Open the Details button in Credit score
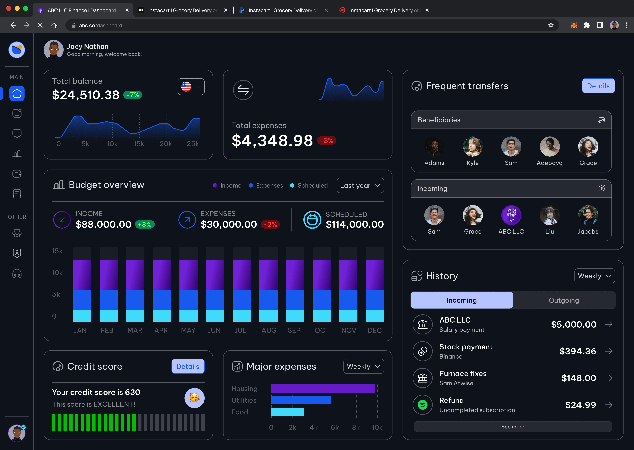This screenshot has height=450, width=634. point(188,366)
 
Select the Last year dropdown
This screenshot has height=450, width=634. point(360,185)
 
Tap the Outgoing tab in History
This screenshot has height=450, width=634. point(564,300)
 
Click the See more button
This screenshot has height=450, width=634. point(513,426)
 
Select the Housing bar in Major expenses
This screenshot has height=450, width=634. point(323,388)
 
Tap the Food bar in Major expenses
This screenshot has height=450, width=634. point(288,412)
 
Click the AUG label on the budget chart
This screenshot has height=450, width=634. point(269,330)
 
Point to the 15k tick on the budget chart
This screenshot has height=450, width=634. point(57,251)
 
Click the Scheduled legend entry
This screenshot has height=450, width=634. point(309,185)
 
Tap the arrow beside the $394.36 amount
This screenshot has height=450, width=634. point(608,351)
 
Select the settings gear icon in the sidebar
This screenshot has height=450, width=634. point(17,233)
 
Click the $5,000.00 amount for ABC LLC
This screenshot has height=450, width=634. point(574,324)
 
